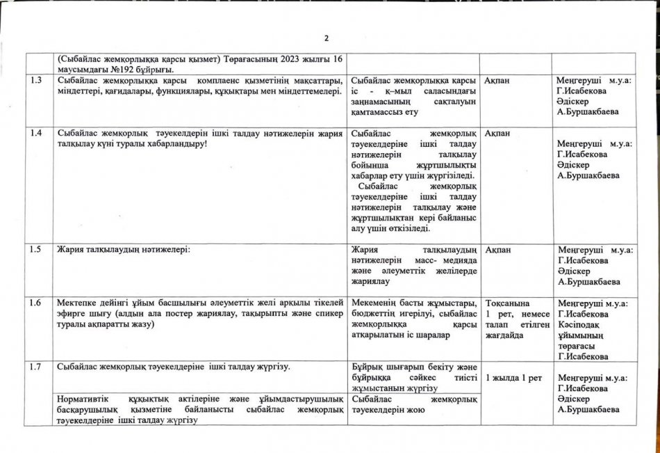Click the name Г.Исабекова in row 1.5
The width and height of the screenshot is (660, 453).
click(x=583, y=260)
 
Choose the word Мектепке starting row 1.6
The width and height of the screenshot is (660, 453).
click(x=79, y=303)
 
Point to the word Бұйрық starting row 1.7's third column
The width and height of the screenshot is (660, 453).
click(x=368, y=367)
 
